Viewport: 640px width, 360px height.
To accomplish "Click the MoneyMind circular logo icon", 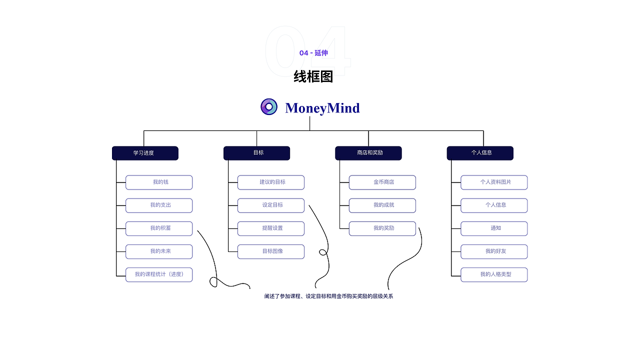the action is coord(269,107).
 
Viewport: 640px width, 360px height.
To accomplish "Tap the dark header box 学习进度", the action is coord(145,153).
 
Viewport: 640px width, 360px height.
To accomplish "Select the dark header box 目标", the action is coord(256,153).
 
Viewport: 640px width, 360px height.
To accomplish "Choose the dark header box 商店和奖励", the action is coord(368,153).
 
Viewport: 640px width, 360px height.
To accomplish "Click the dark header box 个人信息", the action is coord(480,153).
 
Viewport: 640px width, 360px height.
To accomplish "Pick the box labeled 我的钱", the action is coord(159,182).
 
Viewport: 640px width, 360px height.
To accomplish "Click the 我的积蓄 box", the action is coord(159,228).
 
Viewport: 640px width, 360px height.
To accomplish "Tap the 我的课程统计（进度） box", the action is coord(159,274).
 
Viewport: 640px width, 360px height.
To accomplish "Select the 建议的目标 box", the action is coord(271,182).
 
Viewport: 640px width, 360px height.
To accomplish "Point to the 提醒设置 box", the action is coord(271,228).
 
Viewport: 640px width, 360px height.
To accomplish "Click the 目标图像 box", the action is coord(271,251).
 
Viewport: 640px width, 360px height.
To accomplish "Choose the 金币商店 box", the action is coord(382,182).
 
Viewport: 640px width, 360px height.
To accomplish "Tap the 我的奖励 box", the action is coord(382,228).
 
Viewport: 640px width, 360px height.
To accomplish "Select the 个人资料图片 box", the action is coord(494,182).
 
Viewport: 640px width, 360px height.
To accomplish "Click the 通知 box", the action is coord(494,228).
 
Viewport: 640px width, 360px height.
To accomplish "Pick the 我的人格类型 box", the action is coord(494,274).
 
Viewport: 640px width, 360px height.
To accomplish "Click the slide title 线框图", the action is coord(313,76).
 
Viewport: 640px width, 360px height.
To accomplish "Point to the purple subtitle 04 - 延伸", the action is coord(313,53).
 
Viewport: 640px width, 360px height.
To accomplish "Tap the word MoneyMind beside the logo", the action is coord(322,108).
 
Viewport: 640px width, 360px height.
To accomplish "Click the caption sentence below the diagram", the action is coord(328,296).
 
